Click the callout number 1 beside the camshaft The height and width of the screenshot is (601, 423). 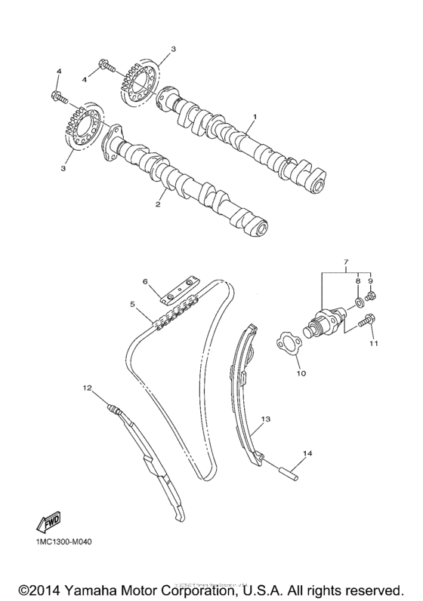pyautogui.click(x=255, y=117)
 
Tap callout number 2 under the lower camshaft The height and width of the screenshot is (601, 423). pyautogui.click(x=159, y=204)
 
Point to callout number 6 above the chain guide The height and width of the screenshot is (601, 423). pyautogui.click(x=147, y=281)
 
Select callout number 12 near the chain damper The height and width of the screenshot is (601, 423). pyautogui.click(x=87, y=388)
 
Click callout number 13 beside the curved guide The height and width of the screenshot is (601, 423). pyautogui.click(x=265, y=417)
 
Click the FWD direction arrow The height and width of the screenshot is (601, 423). pyautogui.click(x=48, y=520)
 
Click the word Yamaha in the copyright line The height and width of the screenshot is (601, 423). pyautogui.click(x=97, y=587)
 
